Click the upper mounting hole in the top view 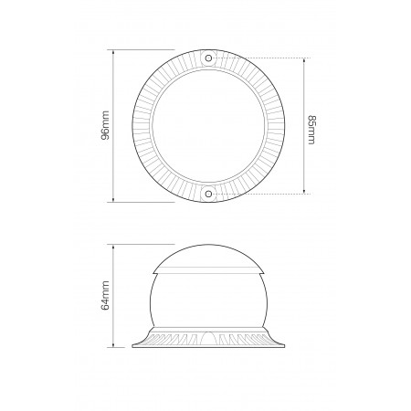209,58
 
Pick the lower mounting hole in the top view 209,193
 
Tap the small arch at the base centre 209,337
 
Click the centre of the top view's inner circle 209,125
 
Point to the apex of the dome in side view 209,246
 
